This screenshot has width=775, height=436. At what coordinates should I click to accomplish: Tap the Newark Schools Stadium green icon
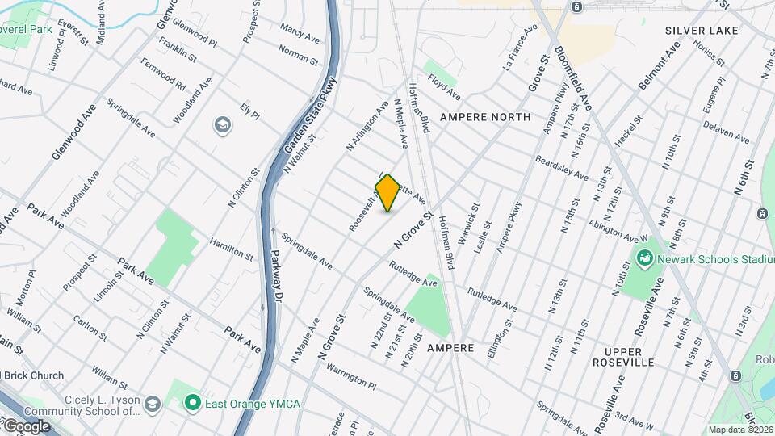[645, 259]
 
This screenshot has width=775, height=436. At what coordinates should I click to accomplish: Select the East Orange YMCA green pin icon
[191, 401]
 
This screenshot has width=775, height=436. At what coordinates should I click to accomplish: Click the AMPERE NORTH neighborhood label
[485, 117]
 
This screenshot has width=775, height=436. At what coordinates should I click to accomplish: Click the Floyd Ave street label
[444, 82]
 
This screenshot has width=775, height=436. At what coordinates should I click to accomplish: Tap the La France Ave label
[521, 47]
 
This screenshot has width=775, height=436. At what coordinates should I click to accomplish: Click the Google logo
[26, 426]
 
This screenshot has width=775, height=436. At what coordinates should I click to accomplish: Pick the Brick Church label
[36, 375]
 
